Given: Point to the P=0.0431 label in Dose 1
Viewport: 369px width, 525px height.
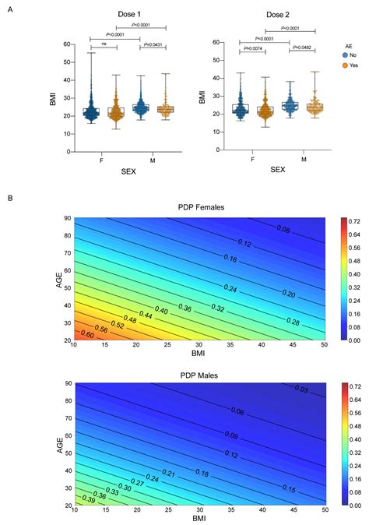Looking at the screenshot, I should [152, 47].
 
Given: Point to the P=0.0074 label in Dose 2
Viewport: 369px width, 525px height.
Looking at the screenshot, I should [253, 48].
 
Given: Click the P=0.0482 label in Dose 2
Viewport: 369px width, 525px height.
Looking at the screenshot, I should [301, 48].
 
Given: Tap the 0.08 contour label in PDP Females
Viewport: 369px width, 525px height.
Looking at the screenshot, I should [284, 229].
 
